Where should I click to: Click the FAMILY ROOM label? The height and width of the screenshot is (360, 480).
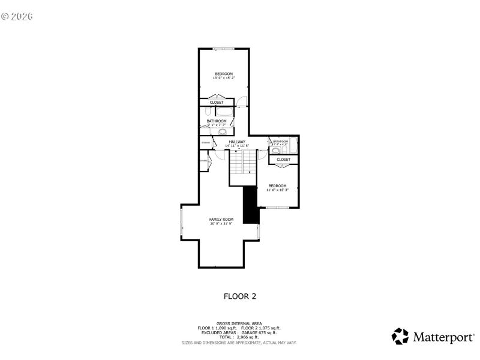(221, 220)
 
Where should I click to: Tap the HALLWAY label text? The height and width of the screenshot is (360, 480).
(237, 142)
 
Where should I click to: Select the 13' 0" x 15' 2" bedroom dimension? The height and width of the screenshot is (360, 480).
(223, 78)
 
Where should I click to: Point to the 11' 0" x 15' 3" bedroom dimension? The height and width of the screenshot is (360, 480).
(277, 190)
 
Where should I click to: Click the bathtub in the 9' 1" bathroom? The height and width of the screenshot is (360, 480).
(224, 112)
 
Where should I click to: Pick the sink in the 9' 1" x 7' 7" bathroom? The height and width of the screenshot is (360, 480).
(222, 131)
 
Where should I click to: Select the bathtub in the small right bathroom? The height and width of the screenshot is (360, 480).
(293, 145)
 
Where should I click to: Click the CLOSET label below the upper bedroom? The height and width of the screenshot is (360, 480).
(217, 103)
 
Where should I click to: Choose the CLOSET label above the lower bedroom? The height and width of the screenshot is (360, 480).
(284, 160)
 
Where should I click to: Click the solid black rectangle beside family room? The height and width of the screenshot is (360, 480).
(250, 205)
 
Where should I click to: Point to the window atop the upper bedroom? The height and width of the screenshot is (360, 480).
(224, 49)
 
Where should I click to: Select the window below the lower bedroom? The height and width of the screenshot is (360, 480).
(277, 208)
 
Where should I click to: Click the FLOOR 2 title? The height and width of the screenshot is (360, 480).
(240, 296)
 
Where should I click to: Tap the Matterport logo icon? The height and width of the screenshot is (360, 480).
(400, 336)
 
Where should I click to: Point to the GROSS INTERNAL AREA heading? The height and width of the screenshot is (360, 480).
(239, 323)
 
